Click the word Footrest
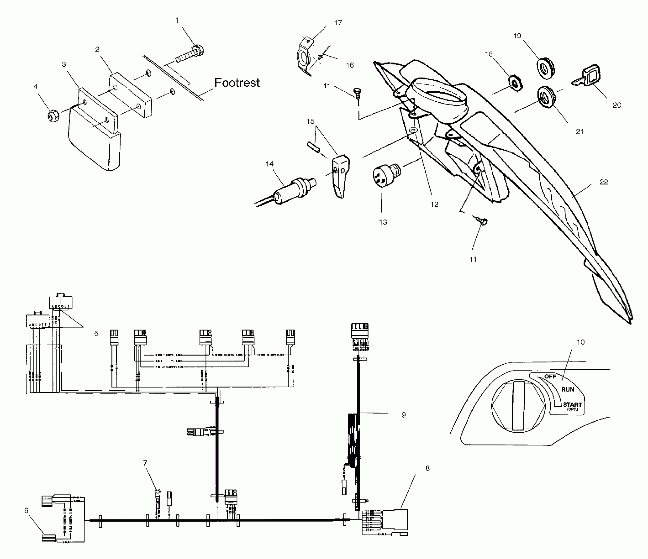[237, 83]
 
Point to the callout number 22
[604, 182]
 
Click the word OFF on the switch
[550, 377]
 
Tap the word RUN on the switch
[567, 389]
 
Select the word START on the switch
[572, 405]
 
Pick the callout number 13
[383, 222]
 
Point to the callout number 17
[338, 23]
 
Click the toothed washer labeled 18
[515, 85]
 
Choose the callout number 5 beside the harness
[96, 333]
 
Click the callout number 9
[404, 415]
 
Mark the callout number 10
[581, 342]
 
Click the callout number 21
[580, 132]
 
